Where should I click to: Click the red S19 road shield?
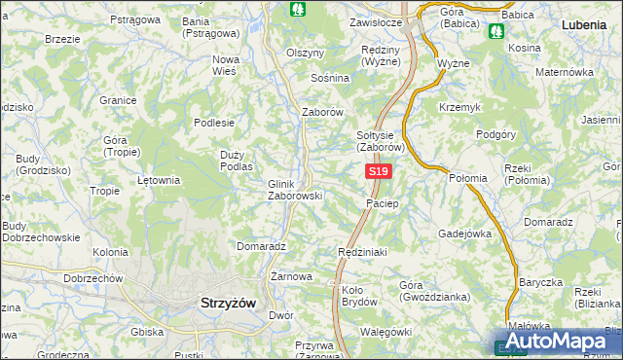coord(380,172)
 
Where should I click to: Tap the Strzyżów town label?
coord(227,303)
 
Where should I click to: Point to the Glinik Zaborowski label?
coord(295,189)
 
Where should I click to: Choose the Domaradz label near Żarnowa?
coord(260,246)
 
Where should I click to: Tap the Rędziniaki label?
coord(363,251)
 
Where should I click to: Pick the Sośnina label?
coord(329,77)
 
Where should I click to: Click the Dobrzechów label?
coord(92,278)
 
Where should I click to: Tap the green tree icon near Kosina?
coord(497,31)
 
